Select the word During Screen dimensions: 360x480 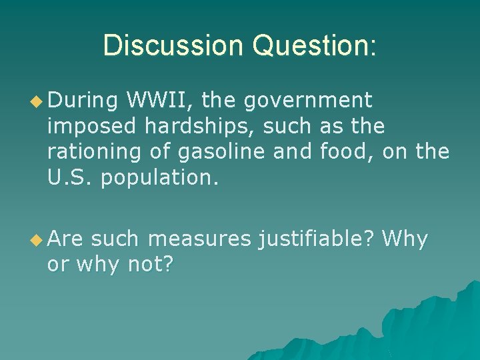[83, 101]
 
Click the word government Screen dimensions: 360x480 [307, 101]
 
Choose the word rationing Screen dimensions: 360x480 [94, 151]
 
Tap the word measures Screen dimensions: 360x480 [199, 239]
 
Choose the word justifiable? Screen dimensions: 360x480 [316, 239]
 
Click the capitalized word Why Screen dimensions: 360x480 [405, 239]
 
